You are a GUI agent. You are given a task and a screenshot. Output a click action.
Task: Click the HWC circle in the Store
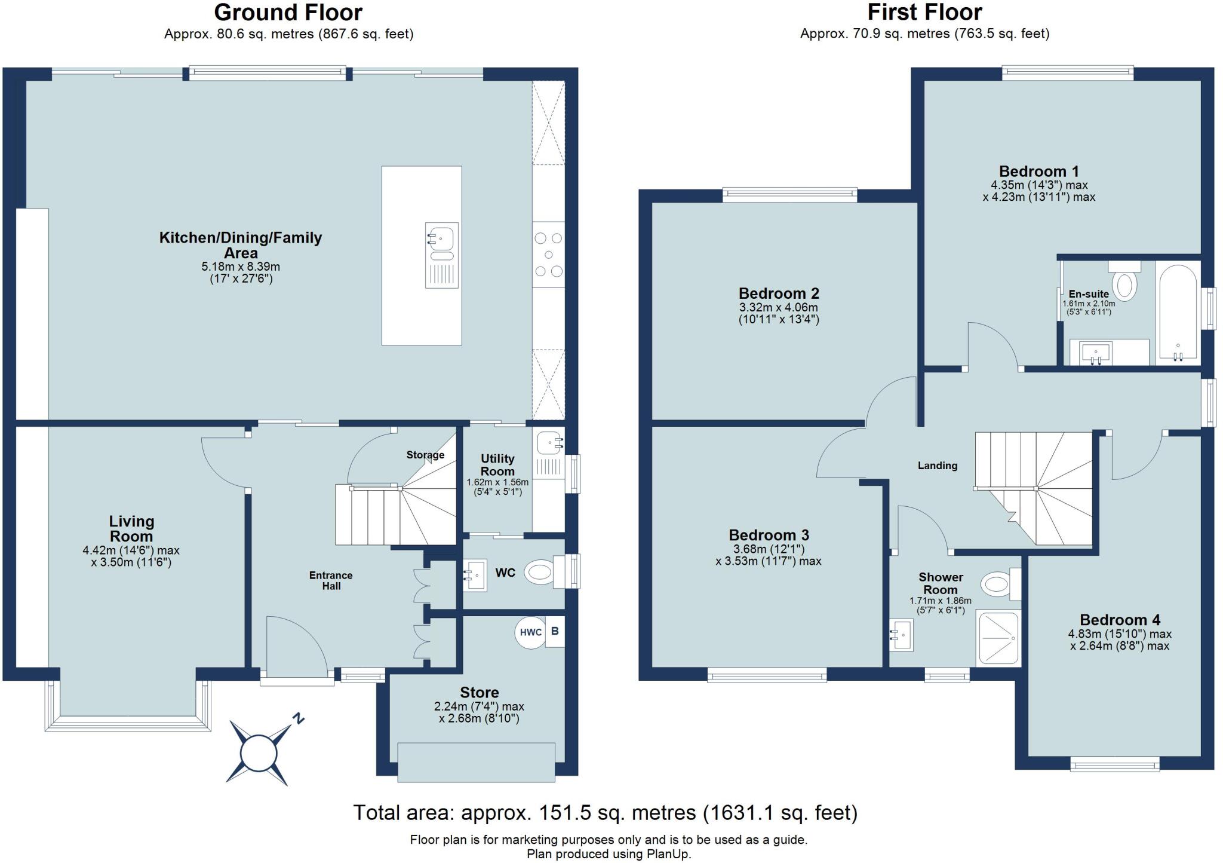coord(530,632)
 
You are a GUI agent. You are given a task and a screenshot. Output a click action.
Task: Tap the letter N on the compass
coord(298,718)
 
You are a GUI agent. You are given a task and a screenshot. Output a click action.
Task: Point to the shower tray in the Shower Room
coord(998,638)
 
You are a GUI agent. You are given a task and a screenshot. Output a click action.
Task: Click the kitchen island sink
coord(442,255)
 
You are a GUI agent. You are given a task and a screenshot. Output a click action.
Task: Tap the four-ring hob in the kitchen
coord(548,255)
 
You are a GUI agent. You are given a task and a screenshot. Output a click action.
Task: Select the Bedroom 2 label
coord(779,293)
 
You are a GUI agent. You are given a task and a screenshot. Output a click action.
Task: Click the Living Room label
coord(131,529)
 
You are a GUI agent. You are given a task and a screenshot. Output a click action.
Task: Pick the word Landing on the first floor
coord(938,466)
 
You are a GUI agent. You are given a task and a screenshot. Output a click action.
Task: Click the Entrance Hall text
coord(331,580)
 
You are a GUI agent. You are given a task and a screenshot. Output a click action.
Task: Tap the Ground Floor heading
coord(288,13)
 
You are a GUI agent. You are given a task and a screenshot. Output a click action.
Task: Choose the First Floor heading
coord(924,13)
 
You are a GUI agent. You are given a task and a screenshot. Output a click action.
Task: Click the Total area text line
coord(606,813)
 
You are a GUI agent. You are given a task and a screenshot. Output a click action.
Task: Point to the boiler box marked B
coord(555,631)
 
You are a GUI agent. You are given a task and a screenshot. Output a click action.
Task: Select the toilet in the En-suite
coord(1124,281)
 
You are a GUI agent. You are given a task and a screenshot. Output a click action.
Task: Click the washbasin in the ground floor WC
coord(475,576)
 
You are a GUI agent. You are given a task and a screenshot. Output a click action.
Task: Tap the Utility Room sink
coord(549,443)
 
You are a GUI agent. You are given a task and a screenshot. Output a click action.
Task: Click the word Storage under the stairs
coord(425,455)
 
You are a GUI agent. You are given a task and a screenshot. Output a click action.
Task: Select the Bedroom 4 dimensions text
coord(1120,639)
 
